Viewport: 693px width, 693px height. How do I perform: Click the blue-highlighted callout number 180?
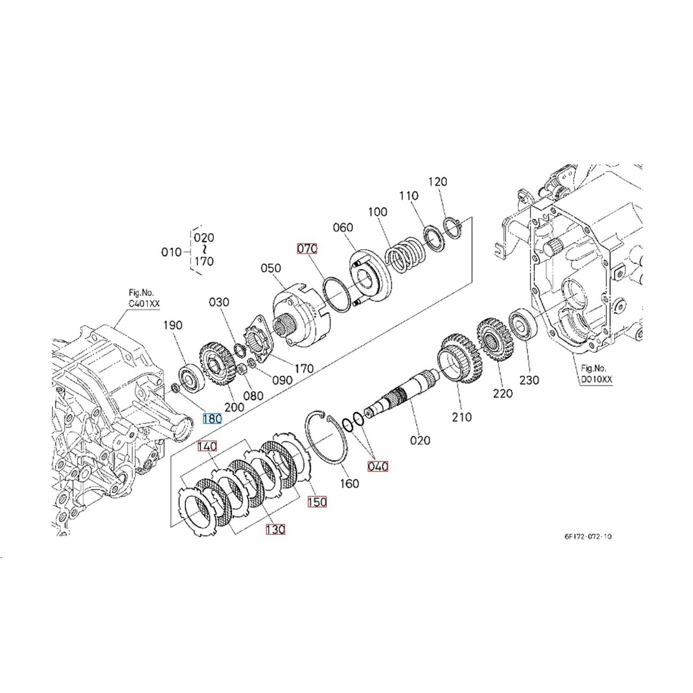[213, 419]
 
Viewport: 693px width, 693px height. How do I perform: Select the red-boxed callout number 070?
[307, 249]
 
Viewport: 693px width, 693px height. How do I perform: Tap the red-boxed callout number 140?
[207, 446]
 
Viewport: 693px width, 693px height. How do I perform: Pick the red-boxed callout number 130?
[275, 529]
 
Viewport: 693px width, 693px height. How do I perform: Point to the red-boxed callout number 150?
[317, 502]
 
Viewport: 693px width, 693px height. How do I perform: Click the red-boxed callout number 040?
[377, 467]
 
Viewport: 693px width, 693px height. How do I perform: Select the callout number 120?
[438, 182]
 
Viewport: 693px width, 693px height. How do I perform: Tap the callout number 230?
[529, 380]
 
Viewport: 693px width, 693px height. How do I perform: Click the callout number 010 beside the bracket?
[171, 252]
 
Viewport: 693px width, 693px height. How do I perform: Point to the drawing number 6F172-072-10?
[588, 536]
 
